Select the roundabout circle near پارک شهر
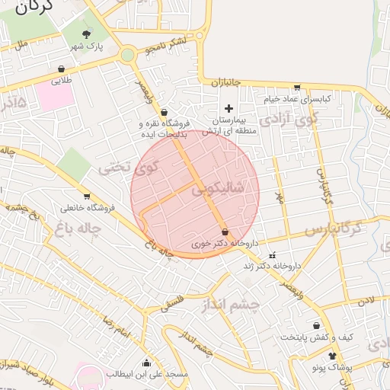point(127,55)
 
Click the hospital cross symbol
point(228,110)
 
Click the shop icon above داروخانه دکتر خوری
point(224,232)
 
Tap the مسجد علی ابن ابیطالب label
point(146,375)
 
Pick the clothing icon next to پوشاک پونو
point(332,356)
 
